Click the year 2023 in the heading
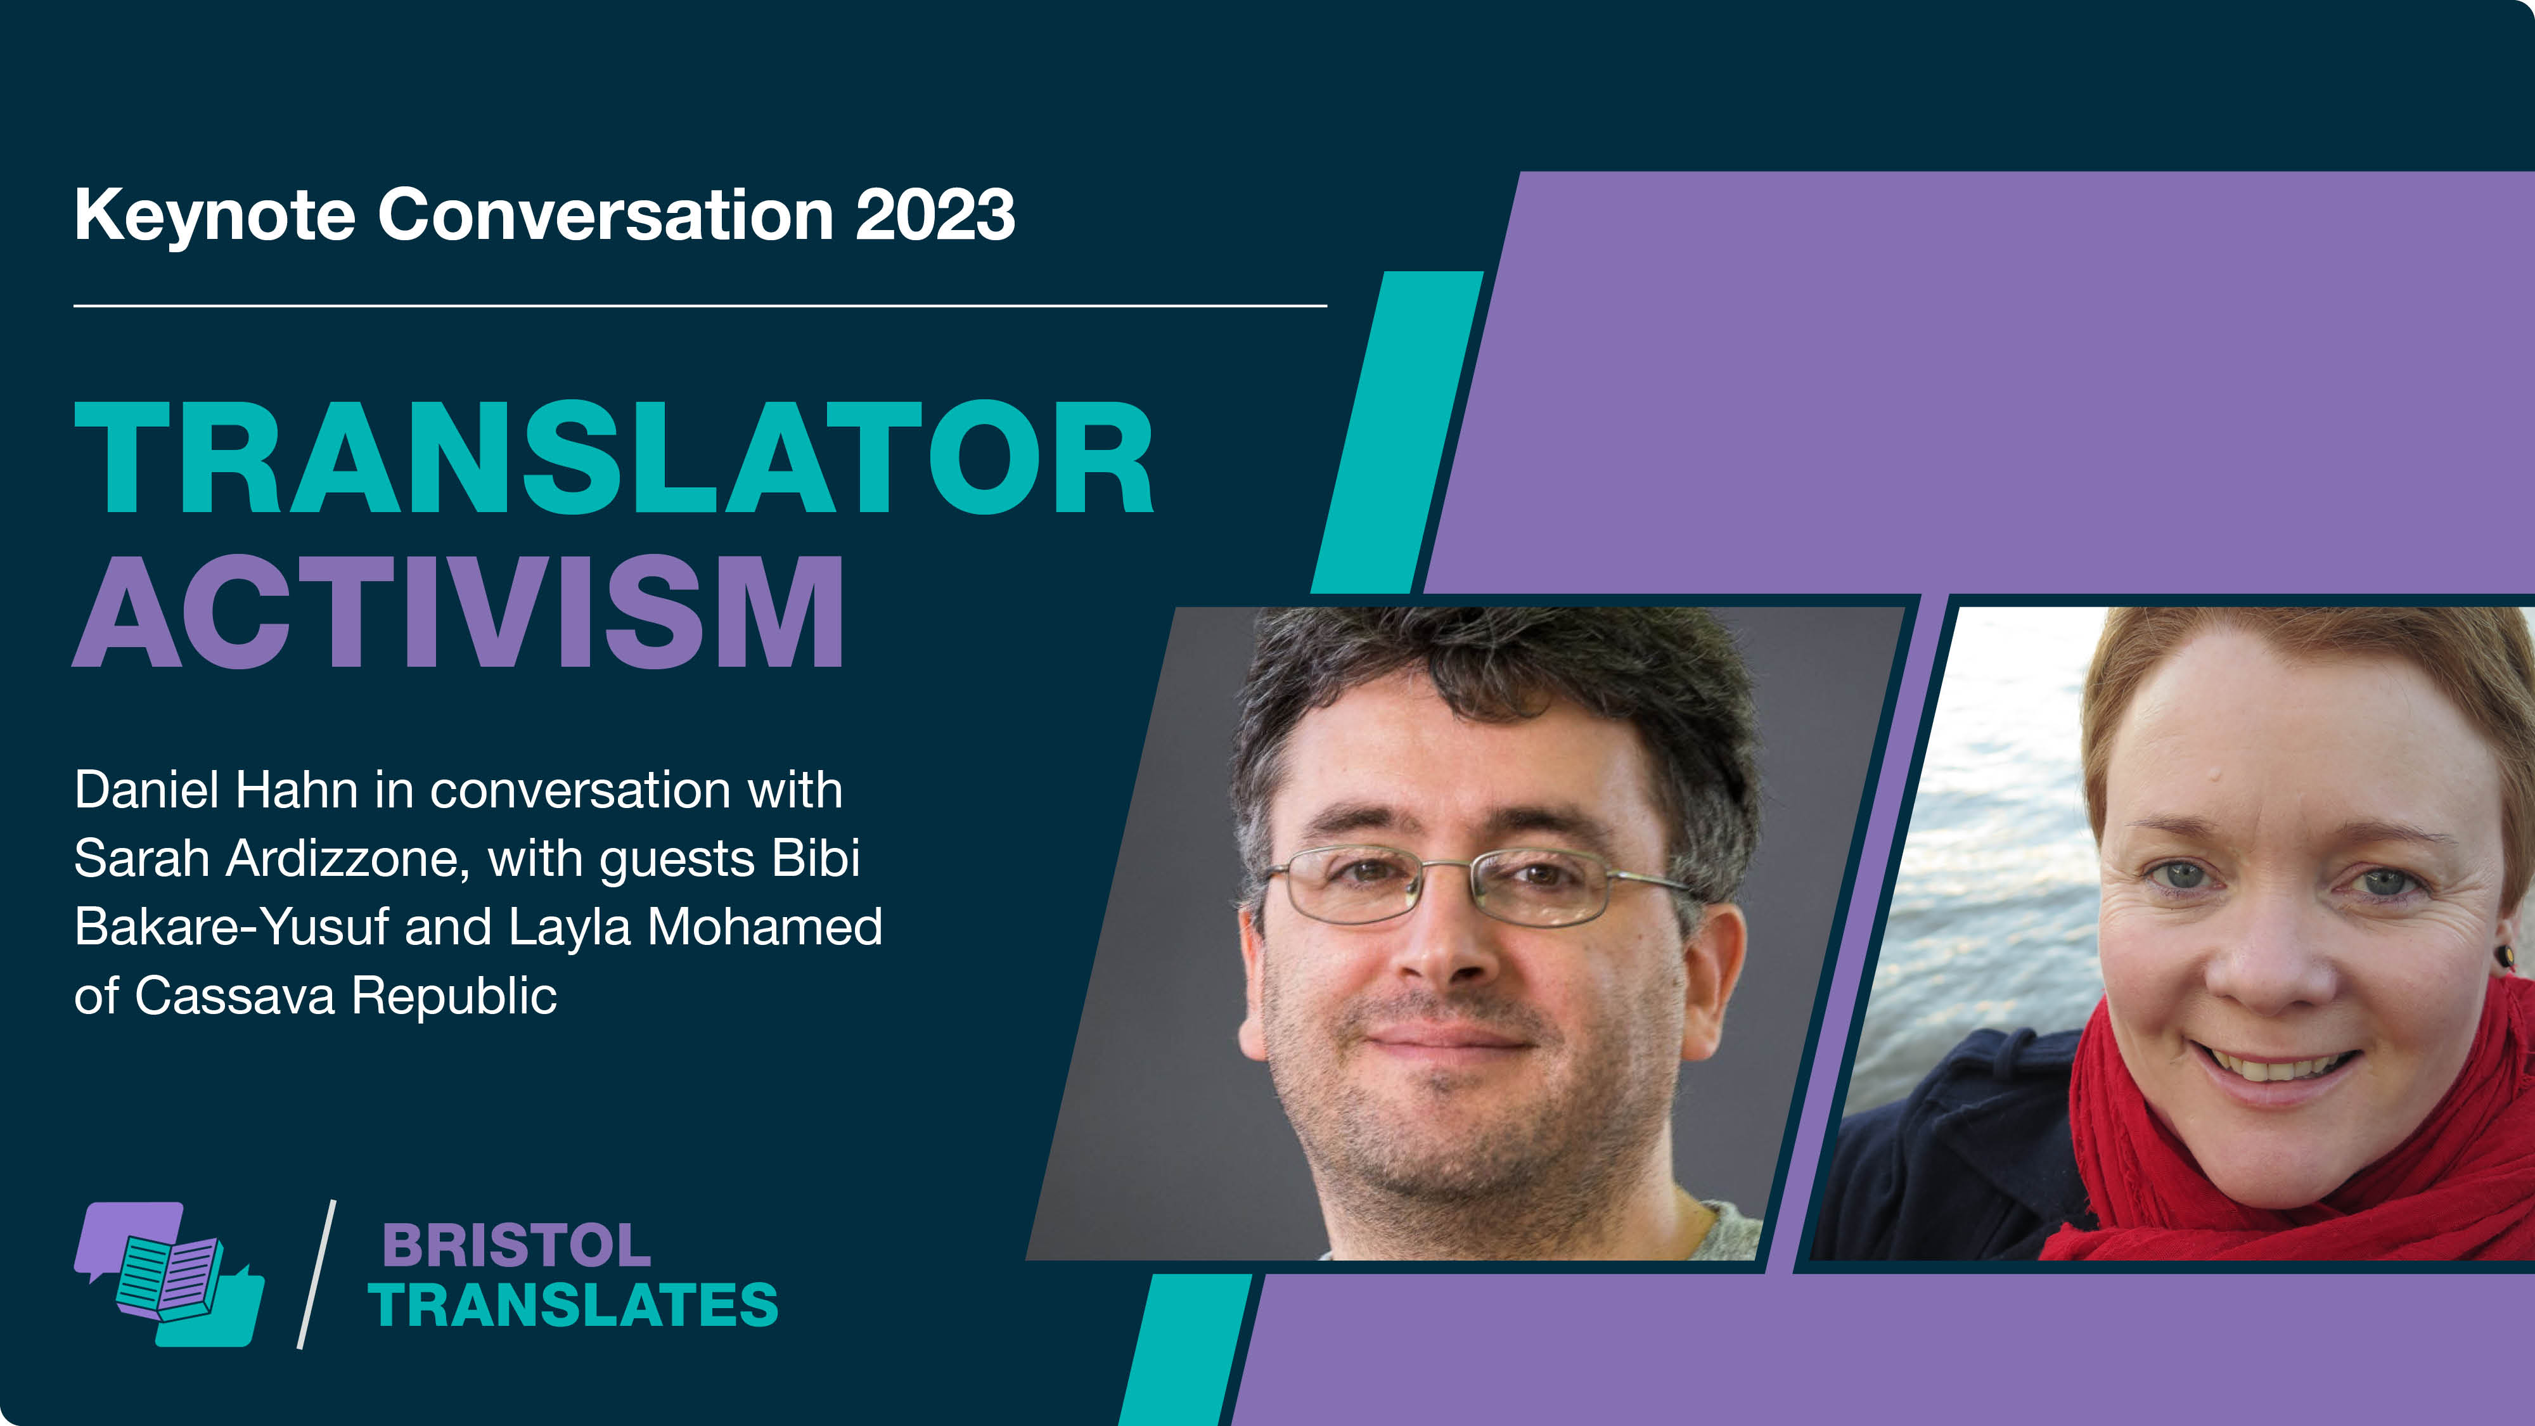tap(935, 215)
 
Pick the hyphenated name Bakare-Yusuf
tap(231, 927)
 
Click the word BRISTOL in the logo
tap(517, 1246)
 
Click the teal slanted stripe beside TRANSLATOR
tap(1397, 432)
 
